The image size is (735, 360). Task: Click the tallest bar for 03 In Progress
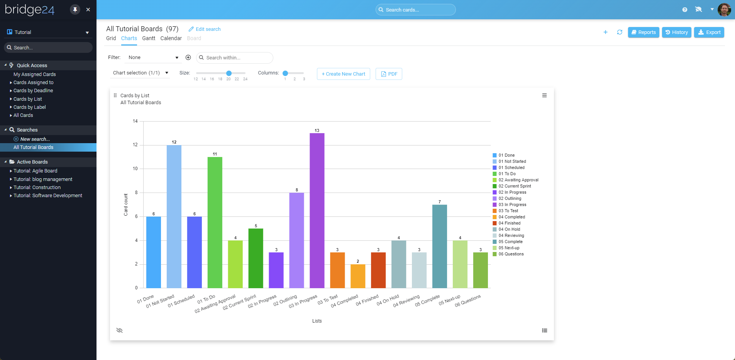pos(317,210)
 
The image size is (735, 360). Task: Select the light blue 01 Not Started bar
pos(174,216)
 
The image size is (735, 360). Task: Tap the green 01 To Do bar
pos(215,222)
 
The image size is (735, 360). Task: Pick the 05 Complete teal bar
pos(439,246)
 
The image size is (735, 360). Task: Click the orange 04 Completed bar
pos(358,276)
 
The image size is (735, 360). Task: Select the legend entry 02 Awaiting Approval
pos(518,180)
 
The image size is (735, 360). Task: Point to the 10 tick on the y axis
pos(135,169)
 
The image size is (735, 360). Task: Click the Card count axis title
pos(126,205)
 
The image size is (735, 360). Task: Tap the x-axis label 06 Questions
pos(468,301)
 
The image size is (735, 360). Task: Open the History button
pos(676,32)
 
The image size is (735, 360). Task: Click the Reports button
pos(643,32)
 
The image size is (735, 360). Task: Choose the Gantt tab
pos(149,38)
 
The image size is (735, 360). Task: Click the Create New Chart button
pos(343,74)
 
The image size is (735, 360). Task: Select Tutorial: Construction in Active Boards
pos(37,188)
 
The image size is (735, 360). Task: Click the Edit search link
pos(205,29)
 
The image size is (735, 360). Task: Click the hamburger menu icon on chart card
pos(544,96)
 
